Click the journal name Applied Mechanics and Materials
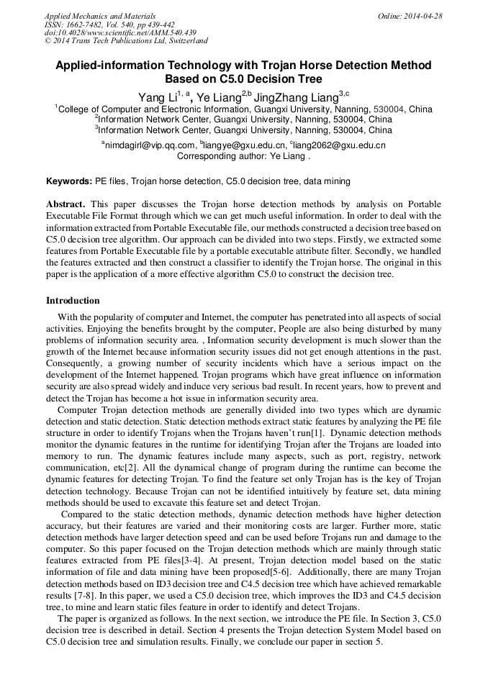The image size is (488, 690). [x=100, y=16]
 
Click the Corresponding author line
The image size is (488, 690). [x=243, y=155]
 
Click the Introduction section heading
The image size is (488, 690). [x=73, y=301]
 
